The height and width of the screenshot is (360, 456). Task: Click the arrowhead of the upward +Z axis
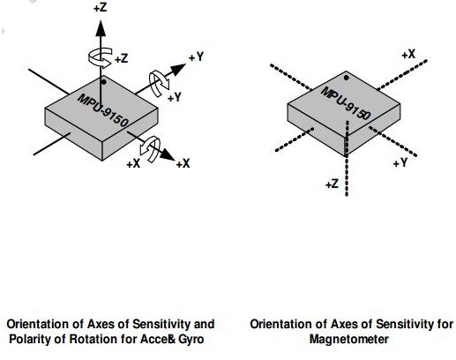point(101,28)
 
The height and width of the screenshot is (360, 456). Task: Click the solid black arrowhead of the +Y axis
point(178,70)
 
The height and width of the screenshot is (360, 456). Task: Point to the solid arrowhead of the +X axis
point(168,154)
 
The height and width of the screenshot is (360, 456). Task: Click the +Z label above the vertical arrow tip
point(100,8)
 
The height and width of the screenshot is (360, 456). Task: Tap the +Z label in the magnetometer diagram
point(333,184)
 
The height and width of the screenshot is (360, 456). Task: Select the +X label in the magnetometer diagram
point(408,55)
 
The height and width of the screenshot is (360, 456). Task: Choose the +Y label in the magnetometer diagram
point(400,162)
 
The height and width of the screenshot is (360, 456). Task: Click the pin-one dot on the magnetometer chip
point(347,78)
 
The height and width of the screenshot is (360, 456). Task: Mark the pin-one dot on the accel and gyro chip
point(103,82)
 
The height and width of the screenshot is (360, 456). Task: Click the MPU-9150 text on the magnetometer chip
point(346,103)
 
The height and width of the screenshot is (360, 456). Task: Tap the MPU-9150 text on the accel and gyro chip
point(103,110)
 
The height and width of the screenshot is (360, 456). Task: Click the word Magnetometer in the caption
point(349,339)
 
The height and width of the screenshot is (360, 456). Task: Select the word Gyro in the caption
point(191,340)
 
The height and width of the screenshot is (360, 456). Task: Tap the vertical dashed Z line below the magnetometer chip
point(347,158)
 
